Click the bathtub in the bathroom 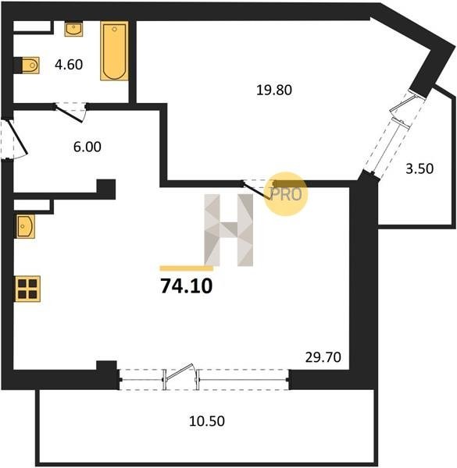click(x=114, y=51)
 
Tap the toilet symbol click(x=30, y=65)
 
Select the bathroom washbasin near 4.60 click(x=73, y=30)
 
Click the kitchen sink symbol click(x=26, y=226)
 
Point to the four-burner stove click(x=27, y=289)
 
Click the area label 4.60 click(x=69, y=65)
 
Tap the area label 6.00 click(x=87, y=147)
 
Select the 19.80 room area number click(x=274, y=90)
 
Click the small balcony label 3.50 click(x=420, y=169)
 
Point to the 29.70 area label click(x=323, y=357)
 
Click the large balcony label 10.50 click(x=207, y=421)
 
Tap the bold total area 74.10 click(x=187, y=286)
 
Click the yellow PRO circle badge click(x=286, y=193)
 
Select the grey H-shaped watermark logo click(x=229, y=230)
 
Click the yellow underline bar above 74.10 click(x=187, y=268)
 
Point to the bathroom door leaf click(x=69, y=113)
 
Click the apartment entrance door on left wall click(x=18, y=137)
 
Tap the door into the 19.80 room click(x=256, y=190)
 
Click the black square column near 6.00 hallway click(x=105, y=189)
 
